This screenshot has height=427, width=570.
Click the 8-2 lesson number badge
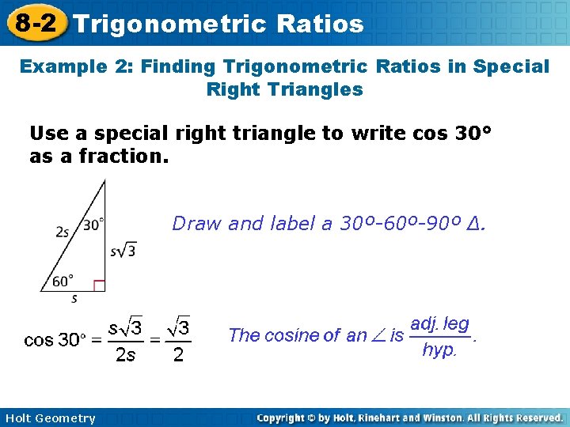coord(35,22)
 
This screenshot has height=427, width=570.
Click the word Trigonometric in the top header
coord(169,24)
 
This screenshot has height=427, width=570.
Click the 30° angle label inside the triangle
coord(93,225)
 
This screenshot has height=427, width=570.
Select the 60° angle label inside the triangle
coord(63,280)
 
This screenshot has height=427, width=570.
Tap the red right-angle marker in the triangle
coord(99,285)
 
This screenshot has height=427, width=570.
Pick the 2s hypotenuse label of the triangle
coord(63,232)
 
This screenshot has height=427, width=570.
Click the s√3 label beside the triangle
coord(123,251)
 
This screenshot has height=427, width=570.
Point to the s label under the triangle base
coord(74,299)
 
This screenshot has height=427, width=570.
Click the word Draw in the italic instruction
coord(196,224)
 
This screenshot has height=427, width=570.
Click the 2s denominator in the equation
coord(125,355)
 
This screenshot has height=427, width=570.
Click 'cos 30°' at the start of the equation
coord(53,341)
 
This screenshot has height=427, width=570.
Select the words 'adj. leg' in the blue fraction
coord(439,324)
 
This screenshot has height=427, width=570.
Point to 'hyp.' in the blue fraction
coord(439,350)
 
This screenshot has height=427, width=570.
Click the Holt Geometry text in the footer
coord(49,418)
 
